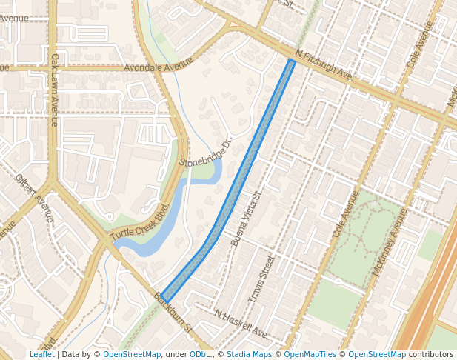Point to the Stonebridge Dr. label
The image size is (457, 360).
click(206, 151)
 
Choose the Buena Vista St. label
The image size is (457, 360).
click(247, 218)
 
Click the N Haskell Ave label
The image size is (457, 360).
click(241, 324)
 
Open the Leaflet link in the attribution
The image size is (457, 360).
click(41, 354)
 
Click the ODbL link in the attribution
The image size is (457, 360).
click(200, 354)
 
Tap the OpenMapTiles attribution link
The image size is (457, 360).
click(311, 354)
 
